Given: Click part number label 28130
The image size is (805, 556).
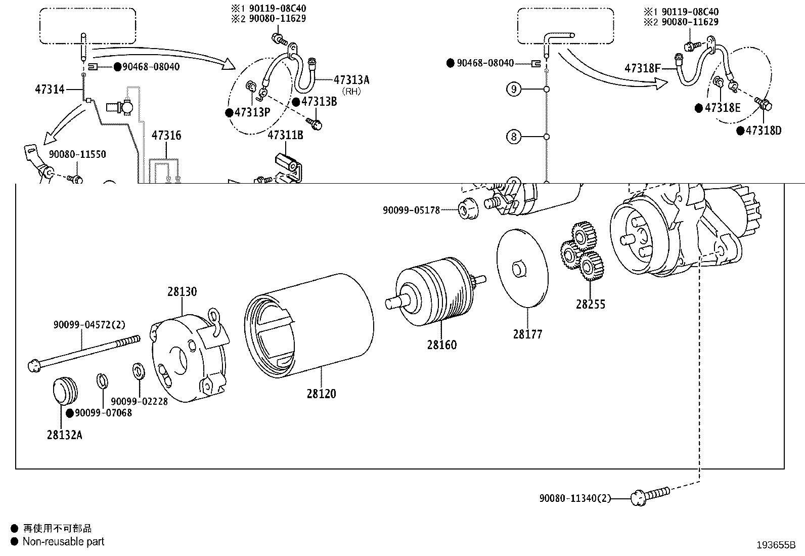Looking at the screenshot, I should tap(182, 292).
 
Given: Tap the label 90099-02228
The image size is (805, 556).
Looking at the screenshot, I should tap(139, 401).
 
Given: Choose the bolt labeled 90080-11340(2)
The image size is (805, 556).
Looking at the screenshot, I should tap(650, 495).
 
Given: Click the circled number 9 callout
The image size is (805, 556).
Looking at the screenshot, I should tap(514, 90).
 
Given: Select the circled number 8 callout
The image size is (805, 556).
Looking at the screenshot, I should tap(514, 137).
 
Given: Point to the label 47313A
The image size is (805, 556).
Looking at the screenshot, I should tap(351, 79).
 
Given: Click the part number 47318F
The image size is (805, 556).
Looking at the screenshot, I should tap(642, 68).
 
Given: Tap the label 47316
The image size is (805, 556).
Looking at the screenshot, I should tap(166, 135).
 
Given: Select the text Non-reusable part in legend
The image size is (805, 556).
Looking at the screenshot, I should tap(63, 541).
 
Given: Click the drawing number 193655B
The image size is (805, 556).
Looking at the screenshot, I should tap(776, 545).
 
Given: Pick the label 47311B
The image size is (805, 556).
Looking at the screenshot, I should tap(285, 135).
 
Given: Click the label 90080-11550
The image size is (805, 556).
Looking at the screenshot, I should tap(77, 154).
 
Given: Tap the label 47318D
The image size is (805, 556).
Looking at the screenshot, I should tap(763, 131).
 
